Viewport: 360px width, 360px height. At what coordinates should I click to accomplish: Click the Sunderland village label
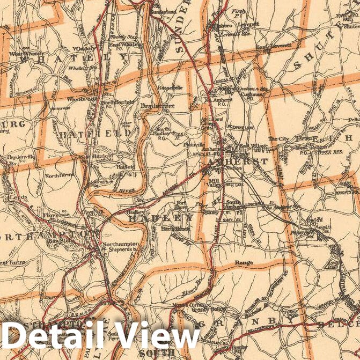coord(164,11)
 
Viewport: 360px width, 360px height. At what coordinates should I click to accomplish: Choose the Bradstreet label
coord(158,106)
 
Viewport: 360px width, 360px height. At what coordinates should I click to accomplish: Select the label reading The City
coord(278,138)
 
